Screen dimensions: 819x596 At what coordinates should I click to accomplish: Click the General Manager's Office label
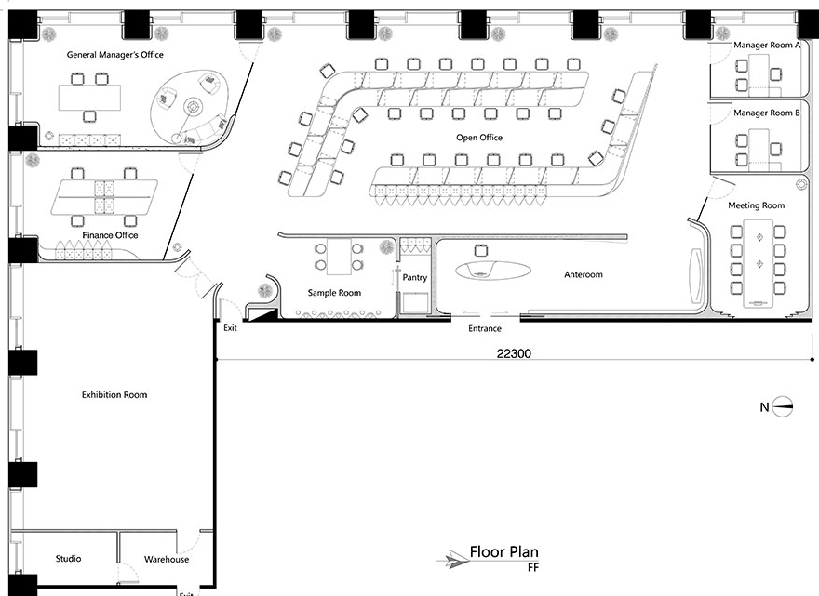114,54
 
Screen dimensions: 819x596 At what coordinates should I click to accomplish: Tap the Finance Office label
110,235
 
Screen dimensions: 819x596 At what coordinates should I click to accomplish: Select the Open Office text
479,138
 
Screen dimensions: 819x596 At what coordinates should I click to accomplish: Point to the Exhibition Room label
114,394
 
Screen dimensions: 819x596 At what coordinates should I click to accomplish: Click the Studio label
69,559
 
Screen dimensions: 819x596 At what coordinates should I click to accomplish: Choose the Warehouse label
167,559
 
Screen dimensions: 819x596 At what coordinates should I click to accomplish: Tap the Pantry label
415,278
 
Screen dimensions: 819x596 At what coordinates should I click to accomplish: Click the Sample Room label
334,293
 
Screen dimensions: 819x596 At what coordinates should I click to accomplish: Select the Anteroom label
584,274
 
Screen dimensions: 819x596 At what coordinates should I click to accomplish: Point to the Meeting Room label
757,205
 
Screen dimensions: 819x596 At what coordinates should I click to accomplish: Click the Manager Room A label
767,46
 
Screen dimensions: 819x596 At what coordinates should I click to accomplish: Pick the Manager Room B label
767,113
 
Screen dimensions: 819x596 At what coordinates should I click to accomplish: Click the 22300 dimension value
514,353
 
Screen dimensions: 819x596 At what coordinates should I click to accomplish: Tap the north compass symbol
782,406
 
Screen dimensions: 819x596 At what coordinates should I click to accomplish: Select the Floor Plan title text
504,551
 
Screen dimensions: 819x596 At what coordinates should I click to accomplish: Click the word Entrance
485,328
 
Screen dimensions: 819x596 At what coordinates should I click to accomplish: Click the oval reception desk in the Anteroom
493,270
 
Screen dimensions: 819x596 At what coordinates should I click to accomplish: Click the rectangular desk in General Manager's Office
89,98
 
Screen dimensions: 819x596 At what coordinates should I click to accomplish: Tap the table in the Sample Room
339,257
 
